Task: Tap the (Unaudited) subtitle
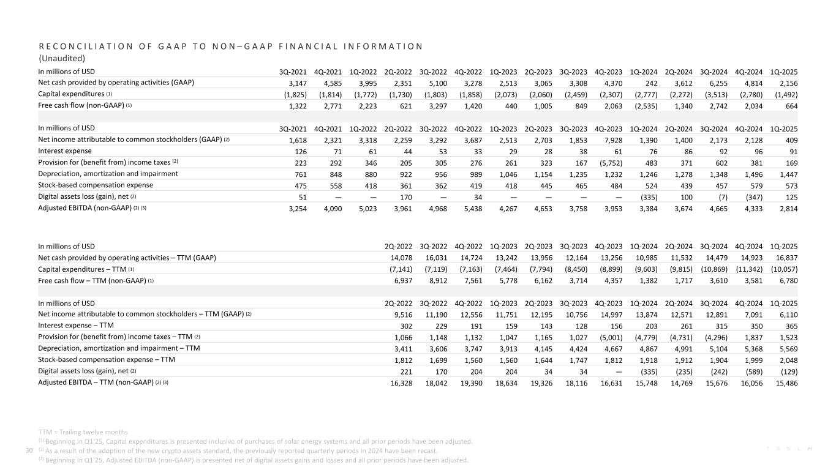coord(61,59)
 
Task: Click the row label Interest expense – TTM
coord(76,325)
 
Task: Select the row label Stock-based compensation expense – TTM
coord(107,360)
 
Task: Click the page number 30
coord(28,451)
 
